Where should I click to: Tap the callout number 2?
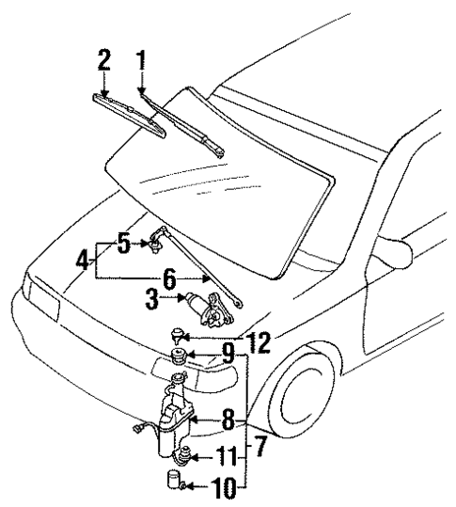(104, 61)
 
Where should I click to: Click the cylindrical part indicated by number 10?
(174, 483)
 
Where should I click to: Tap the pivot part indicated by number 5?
(151, 246)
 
